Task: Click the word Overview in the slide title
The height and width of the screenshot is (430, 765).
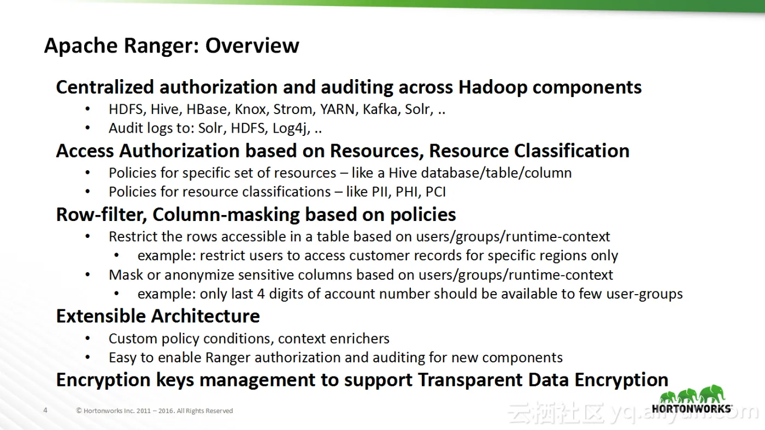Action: coord(252,45)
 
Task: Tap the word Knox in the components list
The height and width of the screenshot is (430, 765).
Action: coord(250,110)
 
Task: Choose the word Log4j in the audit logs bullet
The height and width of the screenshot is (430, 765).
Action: coord(291,129)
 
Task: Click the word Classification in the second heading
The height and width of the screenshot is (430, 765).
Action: coord(572,151)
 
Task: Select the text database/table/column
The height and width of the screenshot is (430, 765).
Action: coord(496,173)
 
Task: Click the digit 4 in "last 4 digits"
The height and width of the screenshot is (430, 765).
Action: coord(261,294)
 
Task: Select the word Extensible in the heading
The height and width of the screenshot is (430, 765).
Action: coord(102,316)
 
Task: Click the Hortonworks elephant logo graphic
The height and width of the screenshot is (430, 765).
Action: coord(692,394)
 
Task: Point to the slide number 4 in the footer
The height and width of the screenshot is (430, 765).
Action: coord(45,410)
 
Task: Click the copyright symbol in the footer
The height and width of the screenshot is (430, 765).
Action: coord(79,411)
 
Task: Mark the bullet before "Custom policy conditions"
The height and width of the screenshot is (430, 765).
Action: coord(88,339)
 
